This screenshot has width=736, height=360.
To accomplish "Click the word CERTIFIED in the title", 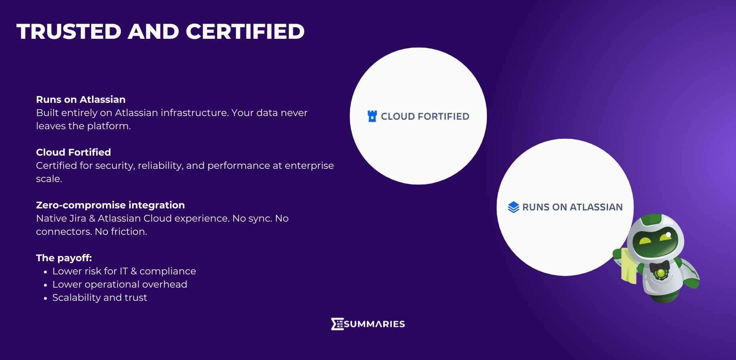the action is pyautogui.click(x=245, y=32).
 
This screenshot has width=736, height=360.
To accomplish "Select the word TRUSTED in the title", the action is pyautogui.click(x=69, y=32).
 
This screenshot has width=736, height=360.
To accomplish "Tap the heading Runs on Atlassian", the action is pyautogui.click(x=81, y=100).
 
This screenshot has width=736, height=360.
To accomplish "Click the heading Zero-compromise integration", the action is pyautogui.click(x=110, y=205).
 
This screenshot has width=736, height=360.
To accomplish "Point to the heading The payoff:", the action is pyautogui.click(x=64, y=258).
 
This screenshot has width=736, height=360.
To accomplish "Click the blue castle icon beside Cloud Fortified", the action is pyautogui.click(x=372, y=116).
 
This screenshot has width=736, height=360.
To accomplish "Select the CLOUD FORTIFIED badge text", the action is pyautogui.click(x=425, y=116).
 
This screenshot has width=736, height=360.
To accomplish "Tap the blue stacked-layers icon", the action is pyautogui.click(x=514, y=207).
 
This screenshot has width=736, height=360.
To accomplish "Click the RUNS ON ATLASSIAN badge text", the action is pyautogui.click(x=572, y=207).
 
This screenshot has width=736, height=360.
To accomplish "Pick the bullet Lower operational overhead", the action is pyautogui.click(x=120, y=284).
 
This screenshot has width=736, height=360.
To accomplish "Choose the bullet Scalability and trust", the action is pyautogui.click(x=100, y=298).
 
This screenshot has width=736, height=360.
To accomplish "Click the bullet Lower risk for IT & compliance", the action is pyautogui.click(x=124, y=271).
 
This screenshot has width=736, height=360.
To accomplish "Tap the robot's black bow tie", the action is pyautogui.click(x=660, y=266).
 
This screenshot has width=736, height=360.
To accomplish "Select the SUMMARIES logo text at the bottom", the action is pyautogui.click(x=374, y=324).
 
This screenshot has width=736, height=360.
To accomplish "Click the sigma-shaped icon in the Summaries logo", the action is pyautogui.click(x=337, y=324).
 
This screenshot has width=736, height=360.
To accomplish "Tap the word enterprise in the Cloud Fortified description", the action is pyautogui.click(x=309, y=166).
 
